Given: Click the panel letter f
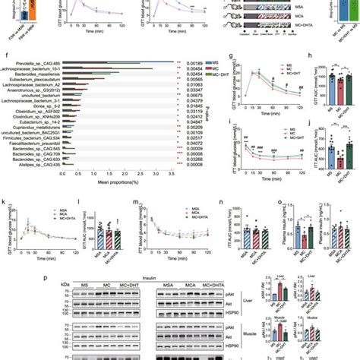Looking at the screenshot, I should [6, 55].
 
